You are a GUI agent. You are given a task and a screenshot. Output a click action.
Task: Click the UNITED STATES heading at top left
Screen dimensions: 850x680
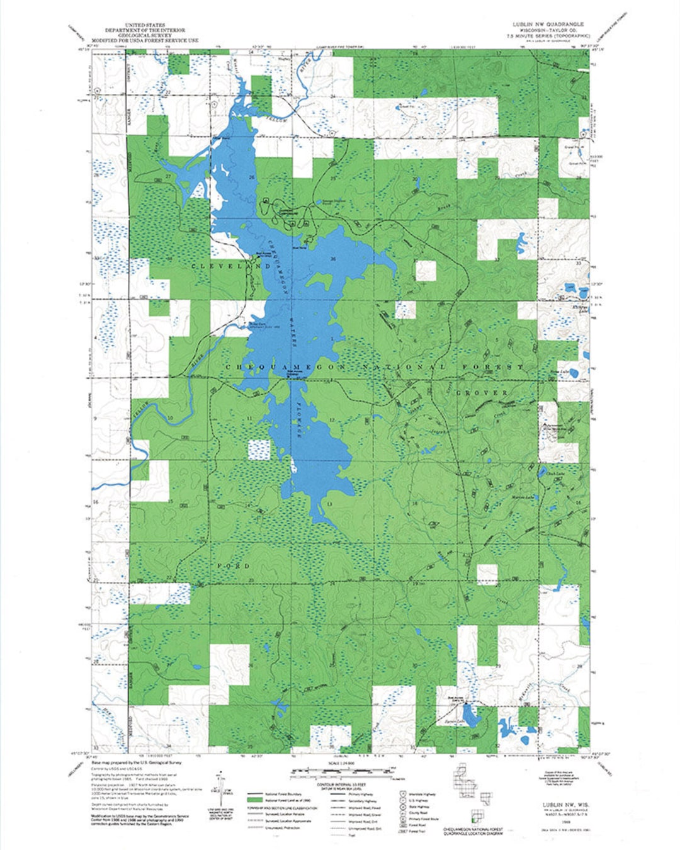(145, 25)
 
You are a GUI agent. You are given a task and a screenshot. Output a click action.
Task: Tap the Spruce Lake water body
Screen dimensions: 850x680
(472, 718)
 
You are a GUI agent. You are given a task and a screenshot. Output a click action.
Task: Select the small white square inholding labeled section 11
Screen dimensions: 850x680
(258, 450)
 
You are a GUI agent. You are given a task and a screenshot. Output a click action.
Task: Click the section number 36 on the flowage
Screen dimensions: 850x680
(332, 259)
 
